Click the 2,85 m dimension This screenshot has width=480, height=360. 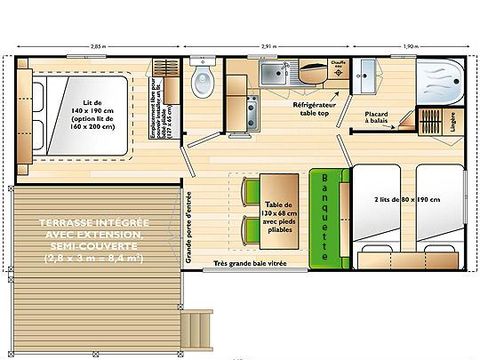96,46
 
